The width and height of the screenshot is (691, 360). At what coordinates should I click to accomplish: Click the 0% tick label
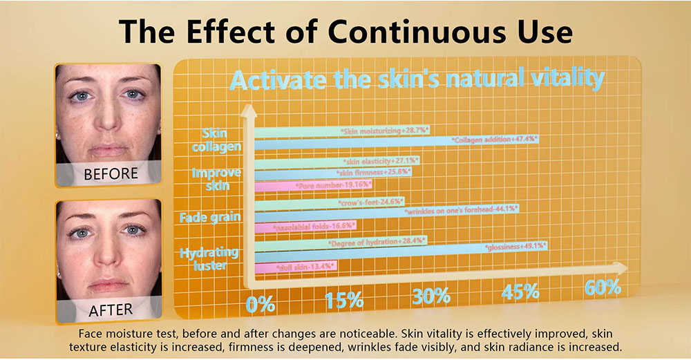point(261,303)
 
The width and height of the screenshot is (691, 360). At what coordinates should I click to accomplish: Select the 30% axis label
point(430,296)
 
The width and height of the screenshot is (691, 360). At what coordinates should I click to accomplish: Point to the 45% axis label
point(520,292)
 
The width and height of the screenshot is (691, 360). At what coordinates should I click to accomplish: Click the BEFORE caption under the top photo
point(111,173)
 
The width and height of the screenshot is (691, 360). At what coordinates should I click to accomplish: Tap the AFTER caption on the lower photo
point(111,310)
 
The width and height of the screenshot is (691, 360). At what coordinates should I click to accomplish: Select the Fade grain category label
point(211,218)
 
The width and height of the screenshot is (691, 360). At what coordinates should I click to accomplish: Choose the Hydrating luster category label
point(209,258)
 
